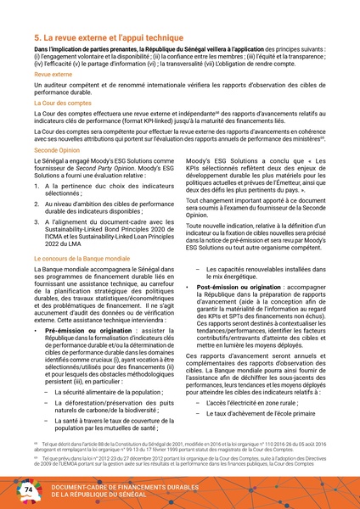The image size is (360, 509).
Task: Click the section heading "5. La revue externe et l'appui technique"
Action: [110, 39]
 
